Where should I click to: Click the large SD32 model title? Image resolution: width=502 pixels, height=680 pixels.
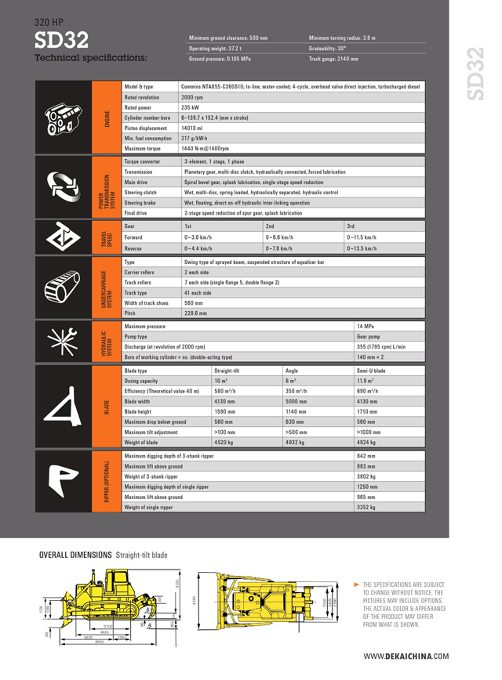[x=61, y=39]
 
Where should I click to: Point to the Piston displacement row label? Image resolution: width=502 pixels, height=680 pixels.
[x=146, y=127]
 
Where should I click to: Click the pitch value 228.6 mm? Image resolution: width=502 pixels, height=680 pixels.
[x=195, y=313]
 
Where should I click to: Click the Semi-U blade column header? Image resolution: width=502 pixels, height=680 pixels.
[x=370, y=370]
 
